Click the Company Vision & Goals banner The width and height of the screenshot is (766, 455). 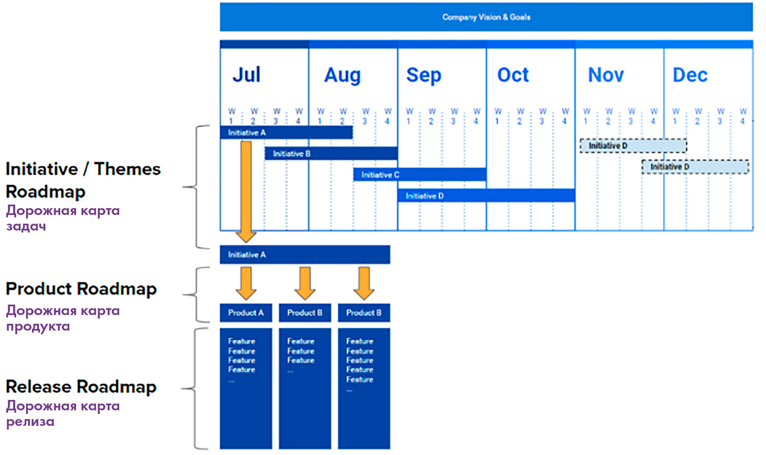486,17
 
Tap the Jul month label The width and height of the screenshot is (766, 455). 247,74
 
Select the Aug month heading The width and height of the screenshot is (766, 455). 342,75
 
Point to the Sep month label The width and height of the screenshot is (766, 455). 424,75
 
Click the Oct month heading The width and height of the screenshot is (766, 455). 513,74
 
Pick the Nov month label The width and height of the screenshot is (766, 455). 606,74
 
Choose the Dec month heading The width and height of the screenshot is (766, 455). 690,74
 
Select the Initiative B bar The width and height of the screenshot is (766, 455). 331,154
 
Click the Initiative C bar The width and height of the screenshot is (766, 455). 419,175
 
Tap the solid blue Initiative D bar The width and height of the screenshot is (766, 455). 486,196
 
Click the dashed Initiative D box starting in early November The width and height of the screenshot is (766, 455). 633,145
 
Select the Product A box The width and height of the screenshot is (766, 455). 246,313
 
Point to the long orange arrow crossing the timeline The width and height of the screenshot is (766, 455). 246,191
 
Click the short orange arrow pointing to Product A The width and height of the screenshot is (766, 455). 246,284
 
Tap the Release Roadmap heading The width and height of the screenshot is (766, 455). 81,387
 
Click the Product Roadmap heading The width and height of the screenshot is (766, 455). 81,289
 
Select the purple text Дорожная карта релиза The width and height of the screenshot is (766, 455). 63,414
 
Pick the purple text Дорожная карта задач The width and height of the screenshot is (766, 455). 63,218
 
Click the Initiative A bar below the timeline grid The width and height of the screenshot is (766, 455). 305,255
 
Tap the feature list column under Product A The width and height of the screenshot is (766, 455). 246,388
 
